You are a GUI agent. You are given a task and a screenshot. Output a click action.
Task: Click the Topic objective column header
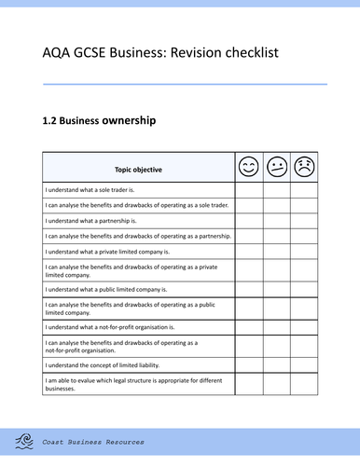pos(138,170)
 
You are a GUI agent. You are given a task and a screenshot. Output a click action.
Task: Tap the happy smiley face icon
pos(248,168)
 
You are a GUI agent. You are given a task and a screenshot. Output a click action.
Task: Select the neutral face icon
pos(277,168)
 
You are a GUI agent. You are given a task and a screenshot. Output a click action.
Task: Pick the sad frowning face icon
pos(305,168)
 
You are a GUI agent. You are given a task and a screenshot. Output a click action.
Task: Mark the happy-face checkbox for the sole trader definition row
pos(248,189)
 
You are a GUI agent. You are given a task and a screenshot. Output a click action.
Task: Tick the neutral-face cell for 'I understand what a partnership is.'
pos(277,221)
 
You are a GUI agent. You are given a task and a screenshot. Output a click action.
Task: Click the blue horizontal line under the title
pos(186,84)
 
